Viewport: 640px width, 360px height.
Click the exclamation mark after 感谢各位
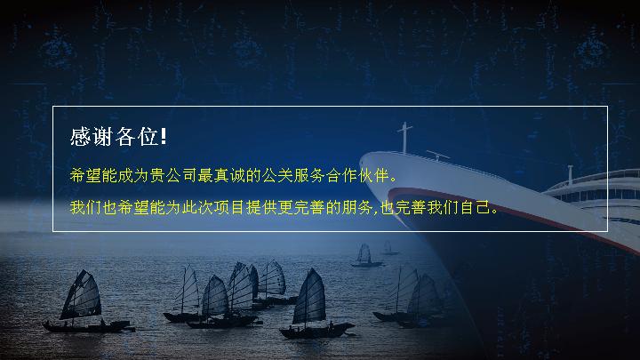164,136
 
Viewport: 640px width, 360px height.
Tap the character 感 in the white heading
80,136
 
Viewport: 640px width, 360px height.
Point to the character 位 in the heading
148,136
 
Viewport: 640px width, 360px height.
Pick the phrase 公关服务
293,175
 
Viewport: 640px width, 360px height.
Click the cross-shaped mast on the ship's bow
404,138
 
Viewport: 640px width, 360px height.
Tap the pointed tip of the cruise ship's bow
361,158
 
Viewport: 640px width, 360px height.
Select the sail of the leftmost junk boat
82,295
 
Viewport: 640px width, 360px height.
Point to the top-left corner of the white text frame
52,106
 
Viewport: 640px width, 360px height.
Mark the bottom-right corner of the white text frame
608,231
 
